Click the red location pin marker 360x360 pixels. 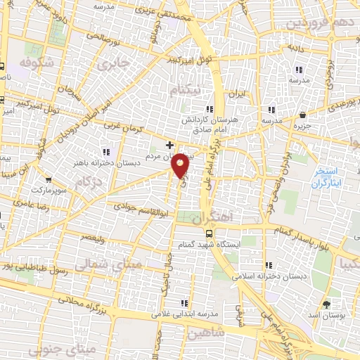181,165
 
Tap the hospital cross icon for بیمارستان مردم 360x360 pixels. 169,145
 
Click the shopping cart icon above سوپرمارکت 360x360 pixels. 48,179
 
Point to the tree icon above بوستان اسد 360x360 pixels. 328,303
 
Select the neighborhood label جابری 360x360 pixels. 110,65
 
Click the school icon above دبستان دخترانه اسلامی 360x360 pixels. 269,265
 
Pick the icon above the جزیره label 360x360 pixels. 302,114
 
